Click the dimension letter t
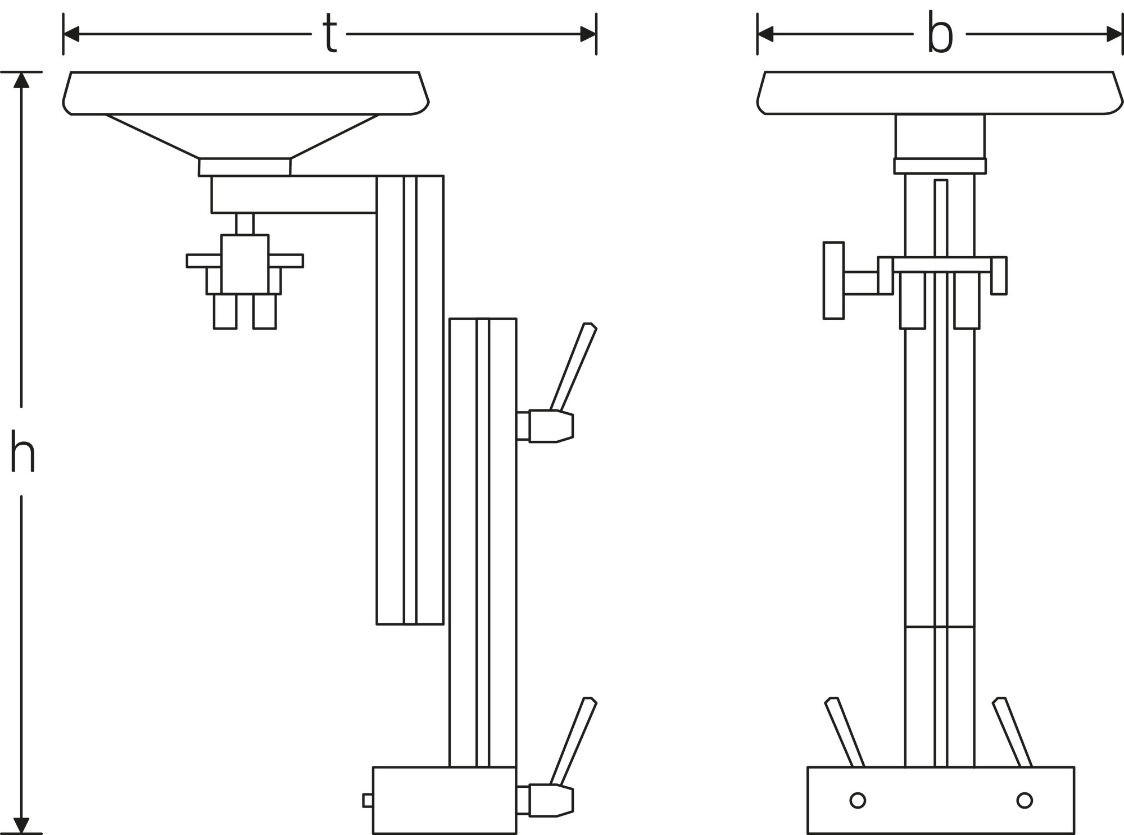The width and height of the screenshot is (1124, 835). (x=330, y=34)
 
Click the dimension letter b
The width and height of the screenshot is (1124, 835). (x=940, y=34)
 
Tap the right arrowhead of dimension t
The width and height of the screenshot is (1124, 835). (x=588, y=34)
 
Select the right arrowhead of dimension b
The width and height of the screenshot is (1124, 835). (x=1114, y=34)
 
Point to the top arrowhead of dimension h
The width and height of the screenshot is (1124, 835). (x=21, y=80)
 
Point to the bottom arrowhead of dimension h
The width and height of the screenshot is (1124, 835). (x=21, y=825)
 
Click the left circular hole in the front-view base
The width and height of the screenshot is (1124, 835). (x=858, y=800)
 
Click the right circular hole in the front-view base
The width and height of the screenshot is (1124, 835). (x=1025, y=800)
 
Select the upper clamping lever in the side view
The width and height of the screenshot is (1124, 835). (x=573, y=368)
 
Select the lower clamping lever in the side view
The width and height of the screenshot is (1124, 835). (x=573, y=741)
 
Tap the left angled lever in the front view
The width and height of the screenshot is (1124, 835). (x=844, y=733)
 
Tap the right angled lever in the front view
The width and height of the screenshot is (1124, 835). (x=1012, y=733)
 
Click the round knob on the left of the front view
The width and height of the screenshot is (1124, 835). (x=833, y=280)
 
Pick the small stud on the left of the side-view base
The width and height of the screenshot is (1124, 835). (x=368, y=800)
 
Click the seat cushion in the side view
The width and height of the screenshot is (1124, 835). (x=246, y=93)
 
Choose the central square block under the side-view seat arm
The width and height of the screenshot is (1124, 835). (x=245, y=264)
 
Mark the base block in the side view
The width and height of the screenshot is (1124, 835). (x=444, y=800)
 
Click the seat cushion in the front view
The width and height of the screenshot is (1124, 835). (x=940, y=93)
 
